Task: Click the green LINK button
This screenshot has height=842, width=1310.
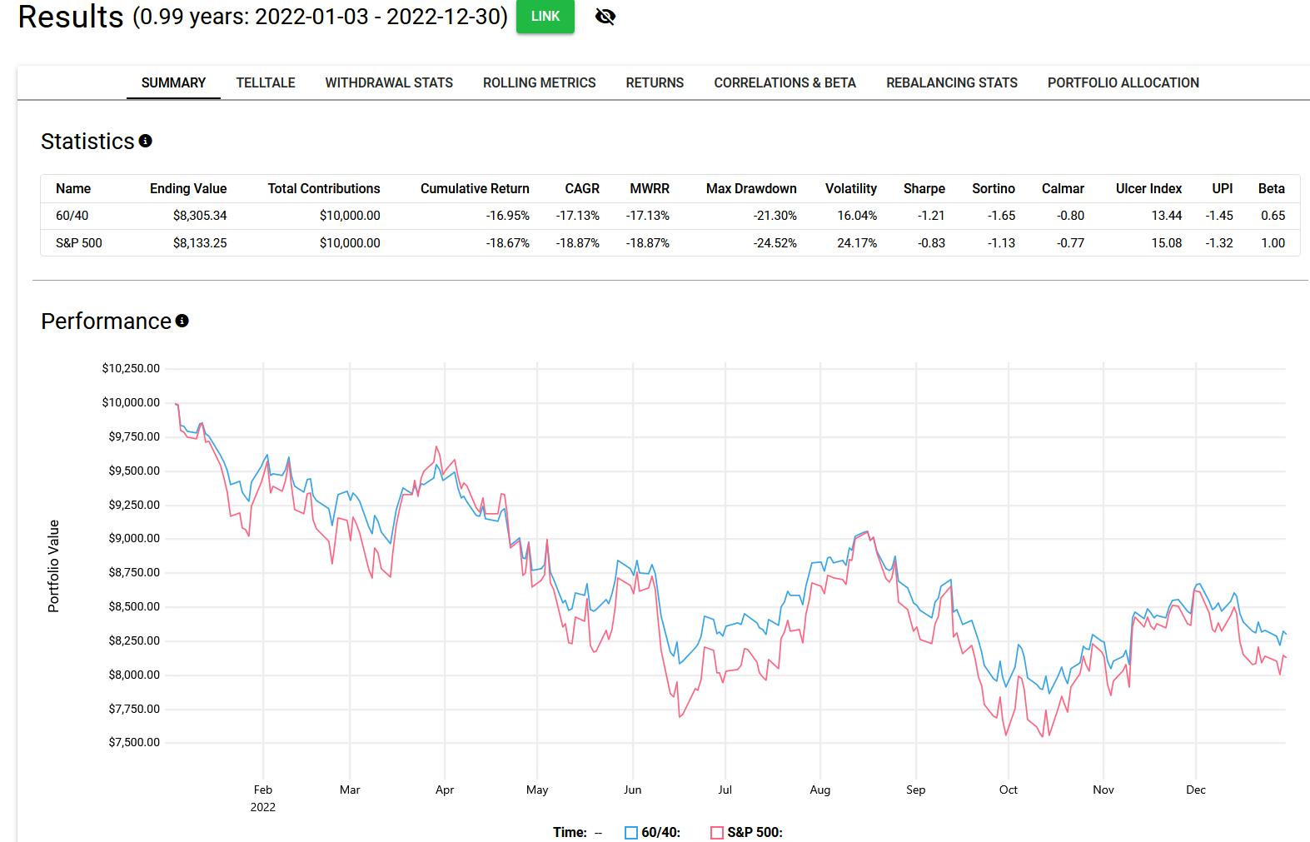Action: tap(545, 17)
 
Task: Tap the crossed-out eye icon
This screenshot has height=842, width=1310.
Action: tap(605, 17)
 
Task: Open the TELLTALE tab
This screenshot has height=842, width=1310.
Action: tap(266, 82)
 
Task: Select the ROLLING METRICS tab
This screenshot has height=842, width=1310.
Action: tap(539, 82)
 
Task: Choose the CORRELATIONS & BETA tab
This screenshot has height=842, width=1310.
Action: tap(785, 82)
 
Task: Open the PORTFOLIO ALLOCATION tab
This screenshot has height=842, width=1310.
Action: tap(1123, 82)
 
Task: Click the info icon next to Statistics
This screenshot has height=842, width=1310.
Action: tap(146, 141)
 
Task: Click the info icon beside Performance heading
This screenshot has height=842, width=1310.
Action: tap(182, 321)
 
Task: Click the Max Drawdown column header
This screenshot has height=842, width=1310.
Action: tap(751, 188)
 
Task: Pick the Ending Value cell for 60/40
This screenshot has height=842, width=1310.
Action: tap(200, 215)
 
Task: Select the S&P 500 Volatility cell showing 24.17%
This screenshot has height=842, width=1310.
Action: tap(856, 243)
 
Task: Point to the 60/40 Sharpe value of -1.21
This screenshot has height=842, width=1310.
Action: tap(930, 215)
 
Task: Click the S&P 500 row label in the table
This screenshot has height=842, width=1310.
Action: tap(79, 243)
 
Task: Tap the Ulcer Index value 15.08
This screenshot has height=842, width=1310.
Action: tap(1166, 243)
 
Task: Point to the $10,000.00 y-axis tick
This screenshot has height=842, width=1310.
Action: tap(131, 402)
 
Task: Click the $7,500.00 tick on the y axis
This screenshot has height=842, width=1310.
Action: tap(133, 742)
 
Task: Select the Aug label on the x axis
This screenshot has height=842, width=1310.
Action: tap(819, 790)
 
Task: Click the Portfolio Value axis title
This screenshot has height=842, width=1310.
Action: tap(54, 566)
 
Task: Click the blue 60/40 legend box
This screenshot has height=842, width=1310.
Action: tap(631, 832)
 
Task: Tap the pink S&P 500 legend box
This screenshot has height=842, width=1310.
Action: tap(717, 832)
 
